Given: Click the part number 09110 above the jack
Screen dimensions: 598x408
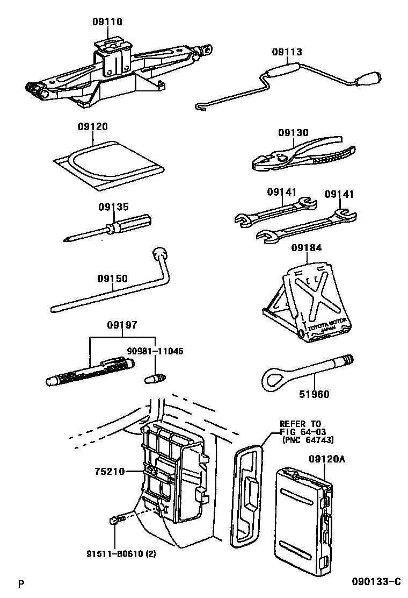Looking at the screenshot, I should click(107, 22).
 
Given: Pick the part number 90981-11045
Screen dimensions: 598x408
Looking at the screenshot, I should click(155, 351).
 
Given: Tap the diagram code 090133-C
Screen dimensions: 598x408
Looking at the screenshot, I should click(376, 582).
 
